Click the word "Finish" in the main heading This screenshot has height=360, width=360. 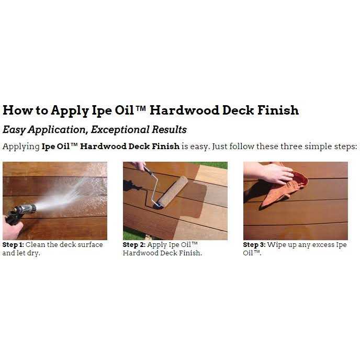[x=278, y=110]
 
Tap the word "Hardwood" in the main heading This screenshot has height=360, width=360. [x=184, y=110]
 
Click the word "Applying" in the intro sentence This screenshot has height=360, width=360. [x=21, y=147]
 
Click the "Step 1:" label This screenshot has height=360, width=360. [x=13, y=245]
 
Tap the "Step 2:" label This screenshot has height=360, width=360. [x=134, y=245]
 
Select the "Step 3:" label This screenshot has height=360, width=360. [x=254, y=245]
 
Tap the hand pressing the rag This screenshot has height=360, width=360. [x=268, y=173]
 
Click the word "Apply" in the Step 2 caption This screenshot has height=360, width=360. [x=157, y=245]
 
